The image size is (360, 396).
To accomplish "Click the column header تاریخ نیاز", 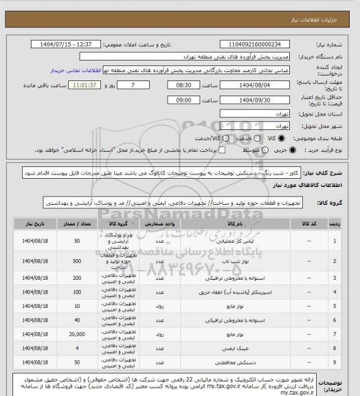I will coord(32,223).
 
